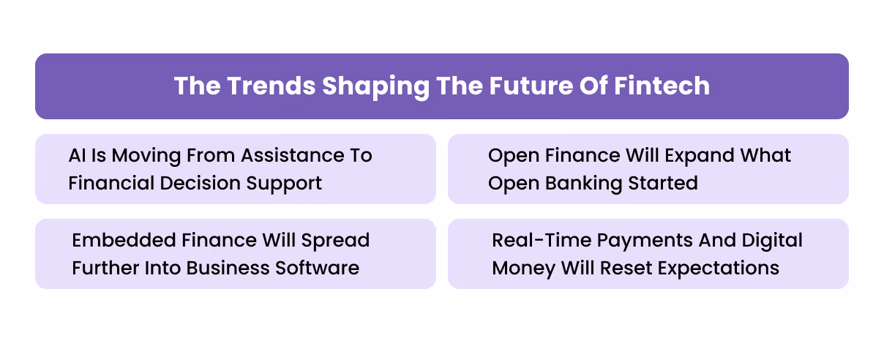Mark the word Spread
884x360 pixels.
(x=337, y=241)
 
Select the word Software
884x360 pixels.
(x=318, y=268)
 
